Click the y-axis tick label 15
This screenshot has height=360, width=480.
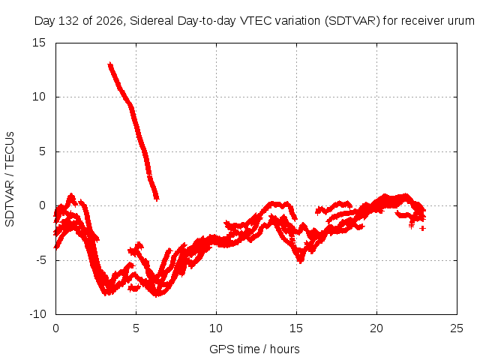click(39, 43)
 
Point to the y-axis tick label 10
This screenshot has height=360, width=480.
click(39, 97)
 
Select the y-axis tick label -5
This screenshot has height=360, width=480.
click(40, 260)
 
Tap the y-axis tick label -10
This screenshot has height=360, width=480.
click(37, 314)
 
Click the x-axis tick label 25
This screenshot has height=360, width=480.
click(457, 328)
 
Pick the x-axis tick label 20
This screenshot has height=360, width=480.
click(376, 328)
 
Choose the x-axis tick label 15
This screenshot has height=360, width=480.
click(296, 328)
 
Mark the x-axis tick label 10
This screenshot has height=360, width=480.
click(216, 328)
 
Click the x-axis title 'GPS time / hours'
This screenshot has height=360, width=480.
click(254, 349)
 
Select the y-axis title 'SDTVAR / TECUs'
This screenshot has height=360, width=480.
click(10, 179)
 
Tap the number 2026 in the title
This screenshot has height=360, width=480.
click(109, 21)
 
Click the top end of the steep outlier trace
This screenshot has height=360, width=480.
click(110, 65)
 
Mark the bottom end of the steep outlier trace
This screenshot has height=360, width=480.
click(157, 199)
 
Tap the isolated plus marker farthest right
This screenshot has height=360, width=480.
click(423, 228)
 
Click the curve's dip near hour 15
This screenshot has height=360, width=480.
click(301, 261)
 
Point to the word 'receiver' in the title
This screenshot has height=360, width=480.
click(422, 21)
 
